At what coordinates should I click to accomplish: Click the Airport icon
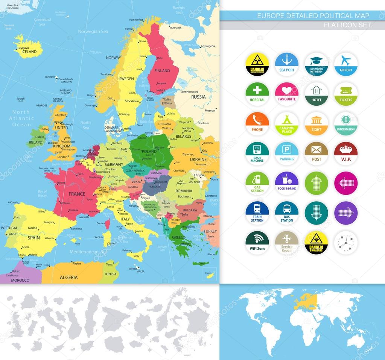point(346,64)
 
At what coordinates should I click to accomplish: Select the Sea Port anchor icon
point(287,64)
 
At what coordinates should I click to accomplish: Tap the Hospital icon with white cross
point(257,94)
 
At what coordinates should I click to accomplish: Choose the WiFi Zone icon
point(257,243)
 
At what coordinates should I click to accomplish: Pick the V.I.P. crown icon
point(346,153)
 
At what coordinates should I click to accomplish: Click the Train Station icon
point(257,213)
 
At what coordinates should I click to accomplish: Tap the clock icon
point(346,243)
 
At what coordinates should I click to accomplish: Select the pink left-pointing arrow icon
point(346,183)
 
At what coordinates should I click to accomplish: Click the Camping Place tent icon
point(287,124)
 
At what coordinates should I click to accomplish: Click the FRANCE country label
point(77,194)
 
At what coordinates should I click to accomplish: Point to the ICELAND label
point(29,52)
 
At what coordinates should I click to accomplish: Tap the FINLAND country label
point(162,71)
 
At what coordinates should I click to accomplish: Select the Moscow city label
point(210,111)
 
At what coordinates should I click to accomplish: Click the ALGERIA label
point(68,278)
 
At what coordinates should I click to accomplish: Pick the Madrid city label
point(33,228)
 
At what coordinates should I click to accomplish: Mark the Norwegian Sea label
point(93,32)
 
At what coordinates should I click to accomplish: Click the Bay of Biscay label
point(43,193)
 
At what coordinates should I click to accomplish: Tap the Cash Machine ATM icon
point(257,153)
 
